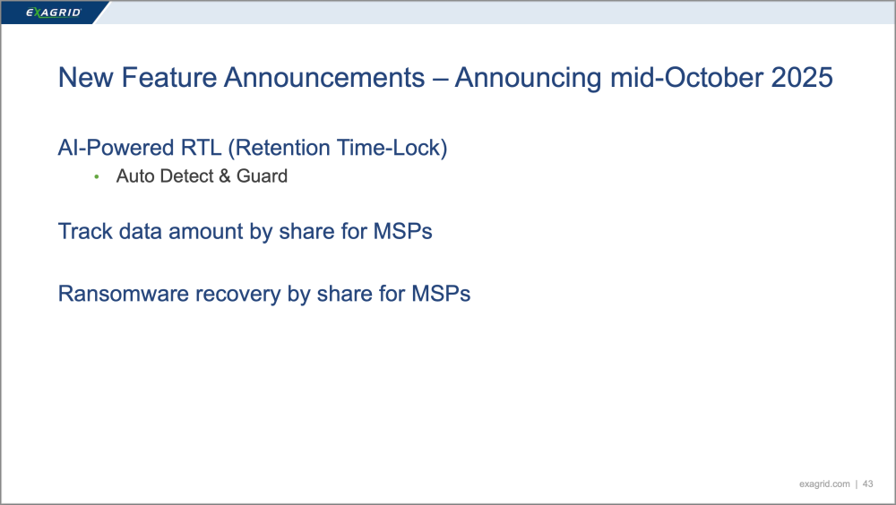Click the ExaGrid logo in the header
[x=54, y=13]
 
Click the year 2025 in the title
[x=802, y=78]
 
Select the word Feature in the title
[x=169, y=78]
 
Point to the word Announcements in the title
[x=324, y=78]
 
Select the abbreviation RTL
[x=201, y=148]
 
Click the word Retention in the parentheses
[x=279, y=148]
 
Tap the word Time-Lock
[x=392, y=148]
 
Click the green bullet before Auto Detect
[x=97, y=177]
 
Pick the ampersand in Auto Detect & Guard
[x=225, y=176]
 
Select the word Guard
[x=262, y=176]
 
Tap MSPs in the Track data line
[x=403, y=231]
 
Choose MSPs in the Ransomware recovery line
[x=441, y=294]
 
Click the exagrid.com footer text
[x=824, y=484]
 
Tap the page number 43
[x=868, y=484]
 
